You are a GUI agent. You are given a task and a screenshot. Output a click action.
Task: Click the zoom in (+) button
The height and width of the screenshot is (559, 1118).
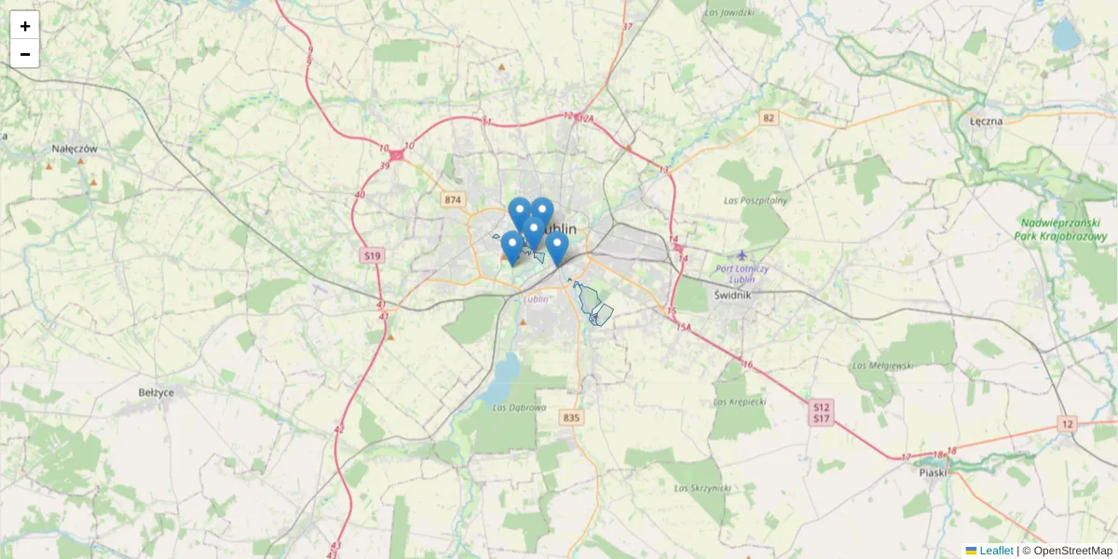click(x=25, y=26)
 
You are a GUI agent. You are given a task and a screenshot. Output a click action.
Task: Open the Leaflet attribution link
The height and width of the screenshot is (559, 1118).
click(x=995, y=551)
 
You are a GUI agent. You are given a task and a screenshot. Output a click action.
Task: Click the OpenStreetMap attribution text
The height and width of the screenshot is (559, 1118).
click(x=1072, y=551)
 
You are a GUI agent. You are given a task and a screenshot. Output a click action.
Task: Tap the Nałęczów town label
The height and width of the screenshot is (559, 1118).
click(x=75, y=148)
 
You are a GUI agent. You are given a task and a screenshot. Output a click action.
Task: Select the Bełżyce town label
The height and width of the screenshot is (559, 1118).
click(x=156, y=392)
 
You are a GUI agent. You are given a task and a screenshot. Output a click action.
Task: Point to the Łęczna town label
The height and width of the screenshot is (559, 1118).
click(x=985, y=121)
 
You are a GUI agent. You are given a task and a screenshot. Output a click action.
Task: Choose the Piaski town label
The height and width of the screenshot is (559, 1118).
click(x=932, y=471)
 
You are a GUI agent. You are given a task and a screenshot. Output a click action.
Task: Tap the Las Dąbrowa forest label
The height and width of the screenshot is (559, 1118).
click(x=512, y=406)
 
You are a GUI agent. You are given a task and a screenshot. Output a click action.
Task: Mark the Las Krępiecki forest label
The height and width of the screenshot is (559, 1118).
click(x=739, y=402)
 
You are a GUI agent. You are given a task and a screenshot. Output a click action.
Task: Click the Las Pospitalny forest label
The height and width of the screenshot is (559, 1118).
click(x=756, y=200)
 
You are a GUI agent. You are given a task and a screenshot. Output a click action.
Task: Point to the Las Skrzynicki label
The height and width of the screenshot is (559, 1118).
click(x=702, y=487)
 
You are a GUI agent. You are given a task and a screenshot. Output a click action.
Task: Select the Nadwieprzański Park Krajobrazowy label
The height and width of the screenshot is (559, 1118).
click(x=1061, y=229)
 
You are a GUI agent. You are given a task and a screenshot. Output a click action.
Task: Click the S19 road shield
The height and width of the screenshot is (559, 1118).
click(x=373, y=255)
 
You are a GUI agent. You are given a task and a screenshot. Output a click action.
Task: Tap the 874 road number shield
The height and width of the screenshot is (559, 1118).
click(x=453, y=200)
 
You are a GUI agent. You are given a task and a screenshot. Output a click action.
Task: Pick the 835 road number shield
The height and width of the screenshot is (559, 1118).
click(x=571, y=418)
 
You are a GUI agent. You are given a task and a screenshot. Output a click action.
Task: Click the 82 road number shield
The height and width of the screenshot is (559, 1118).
click(x=768, y=117)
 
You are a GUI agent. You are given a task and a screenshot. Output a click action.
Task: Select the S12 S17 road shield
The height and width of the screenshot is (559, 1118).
click(x=820, y=413)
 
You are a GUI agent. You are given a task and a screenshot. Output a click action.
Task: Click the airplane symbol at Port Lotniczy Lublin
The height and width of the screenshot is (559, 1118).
click(x=742, y=254)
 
